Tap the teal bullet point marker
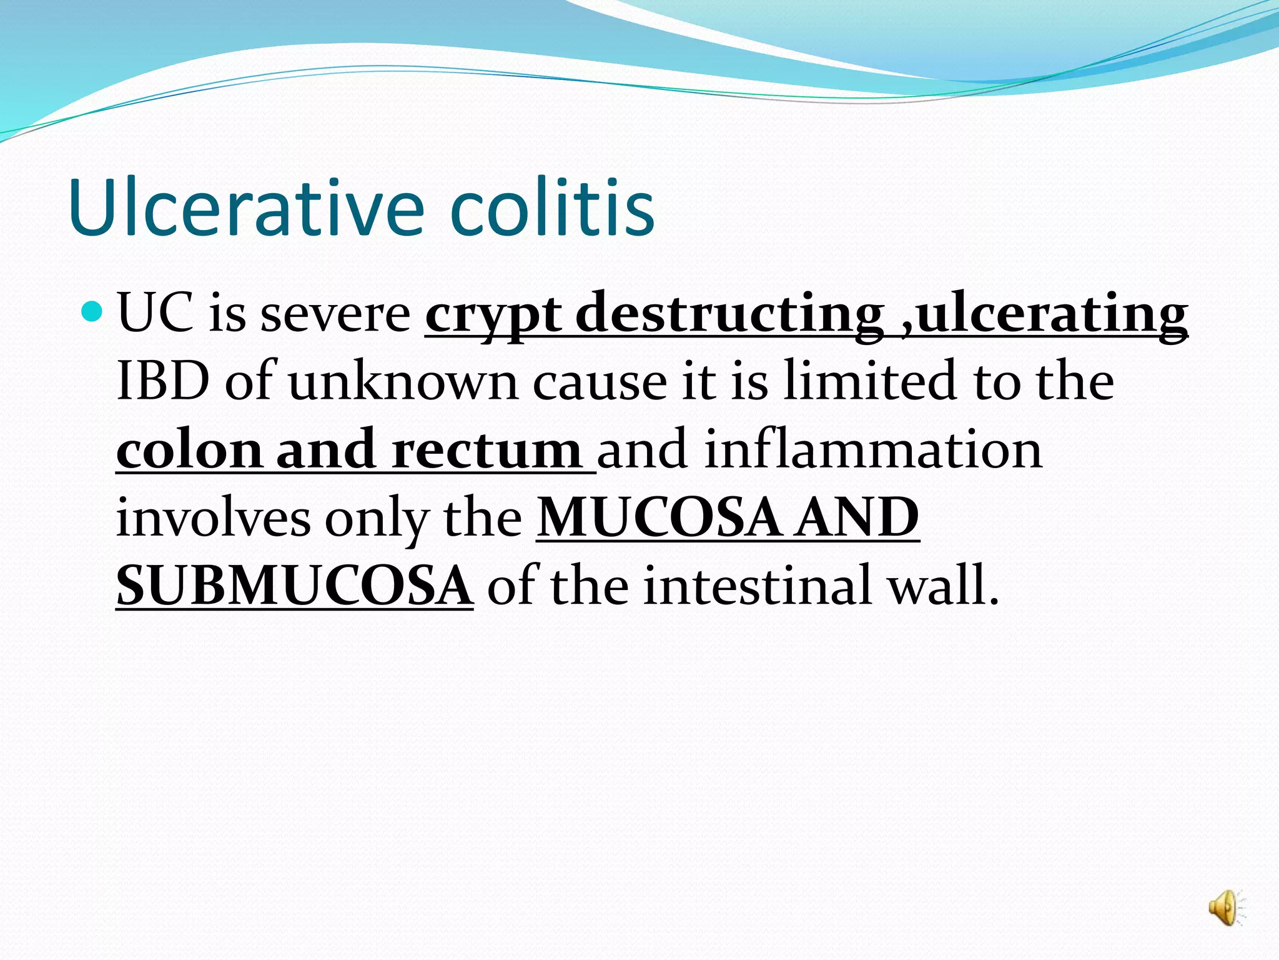[x=92, y=310]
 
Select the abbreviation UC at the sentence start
[x=155, y=312]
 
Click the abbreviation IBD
[x=162, y=381]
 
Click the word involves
[x=213, y=519]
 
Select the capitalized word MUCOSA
[x=659, y=519]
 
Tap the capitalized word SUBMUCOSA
[x=294, y=586]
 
